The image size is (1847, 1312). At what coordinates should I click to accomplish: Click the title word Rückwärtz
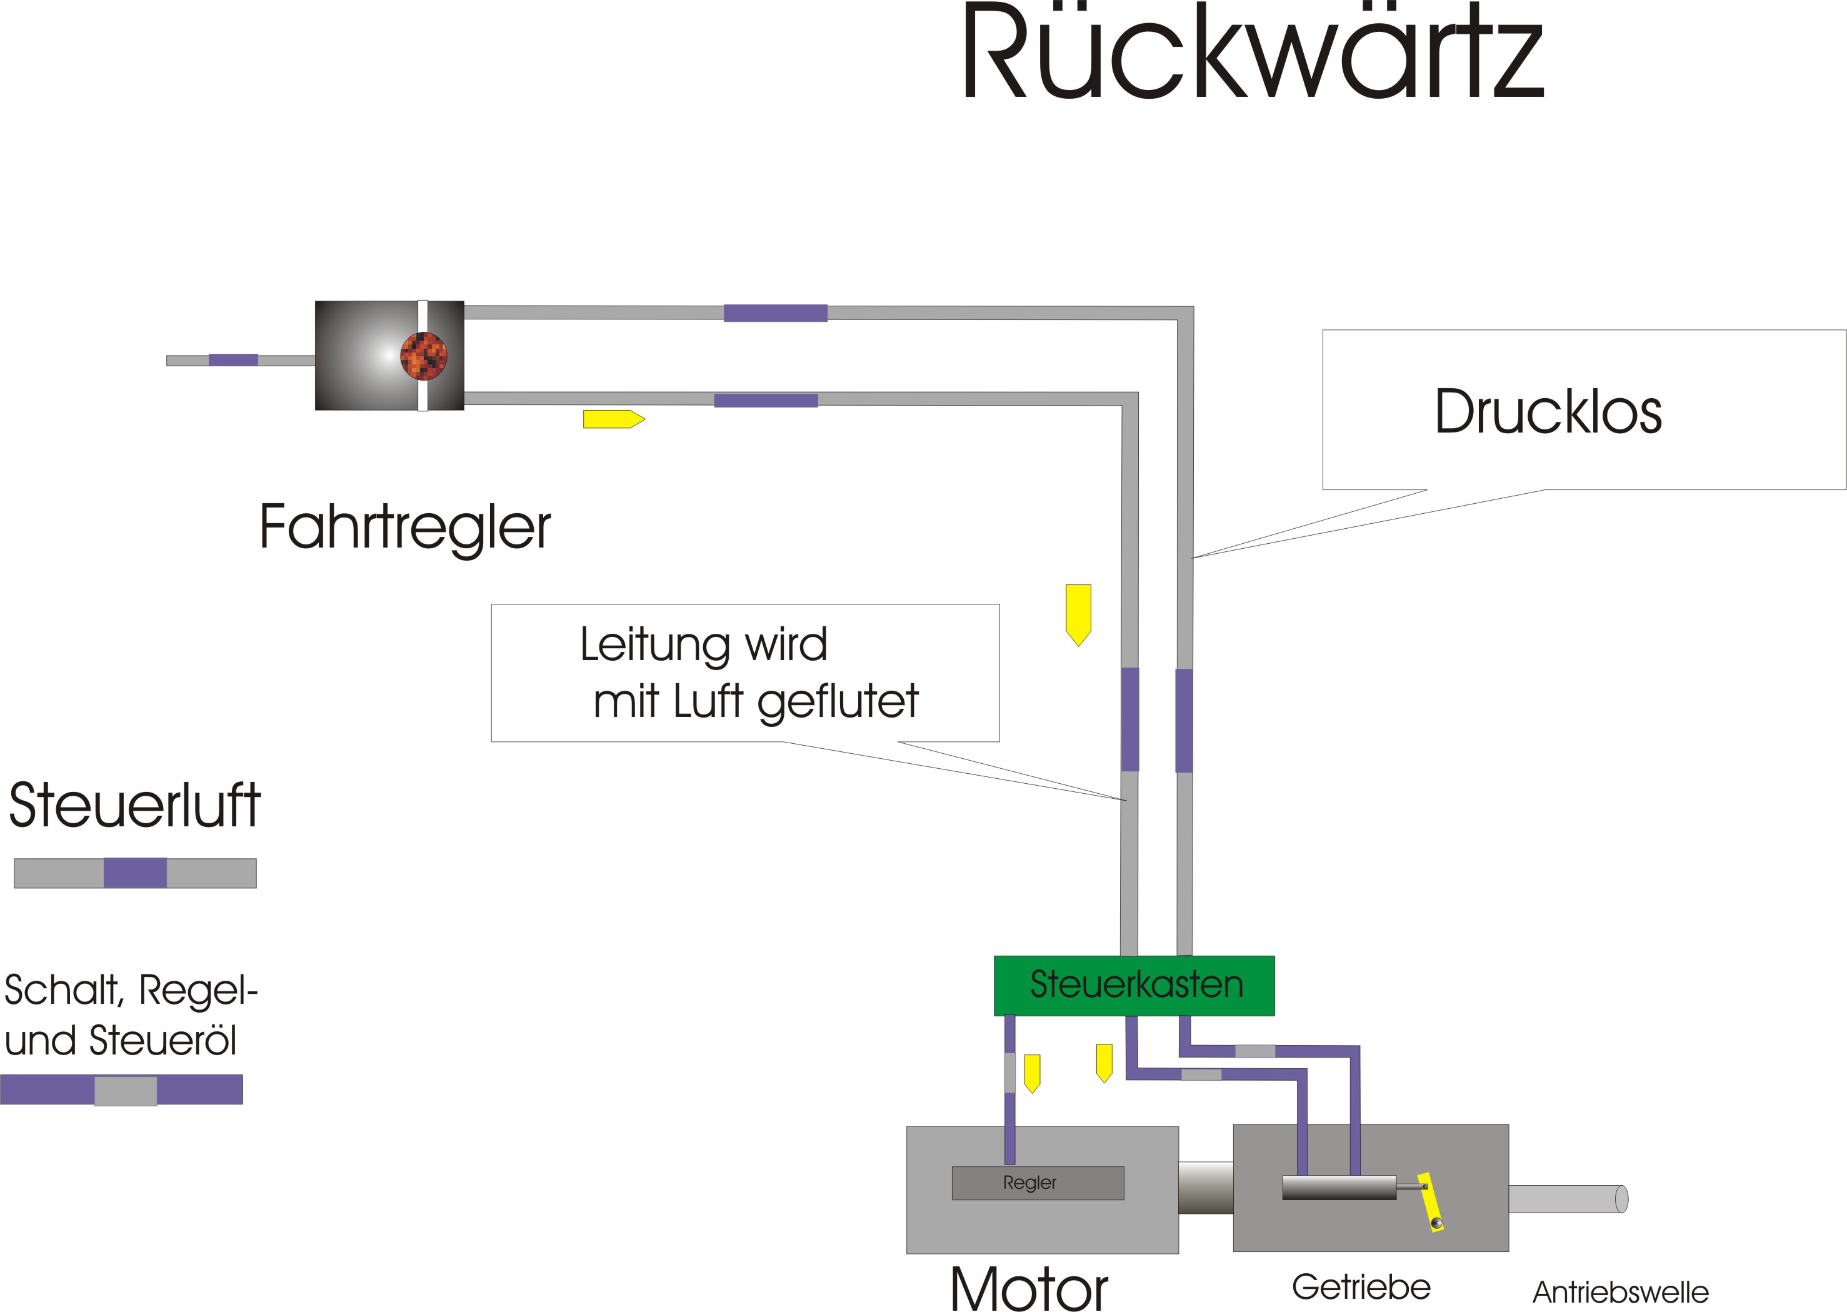point(1253,53)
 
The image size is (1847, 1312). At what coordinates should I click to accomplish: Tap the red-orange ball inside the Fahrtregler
point(423,356)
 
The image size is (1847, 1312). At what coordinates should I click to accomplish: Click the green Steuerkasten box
point(1134,986)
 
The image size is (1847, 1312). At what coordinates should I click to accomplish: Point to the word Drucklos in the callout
point(1547,412)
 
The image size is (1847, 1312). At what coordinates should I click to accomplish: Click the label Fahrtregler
point(404,527)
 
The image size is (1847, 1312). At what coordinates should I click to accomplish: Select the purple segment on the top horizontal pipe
point(775,313)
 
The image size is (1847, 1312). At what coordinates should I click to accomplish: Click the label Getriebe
point(1361,1286)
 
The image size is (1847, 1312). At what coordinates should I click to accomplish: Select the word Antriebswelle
point(1620,1291)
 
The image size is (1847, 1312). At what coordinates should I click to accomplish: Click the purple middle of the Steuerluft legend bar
point(135,873)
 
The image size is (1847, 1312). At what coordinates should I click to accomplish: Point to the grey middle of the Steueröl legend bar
point(125,1091)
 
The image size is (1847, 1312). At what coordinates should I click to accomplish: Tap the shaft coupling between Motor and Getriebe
point(1206,1188)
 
